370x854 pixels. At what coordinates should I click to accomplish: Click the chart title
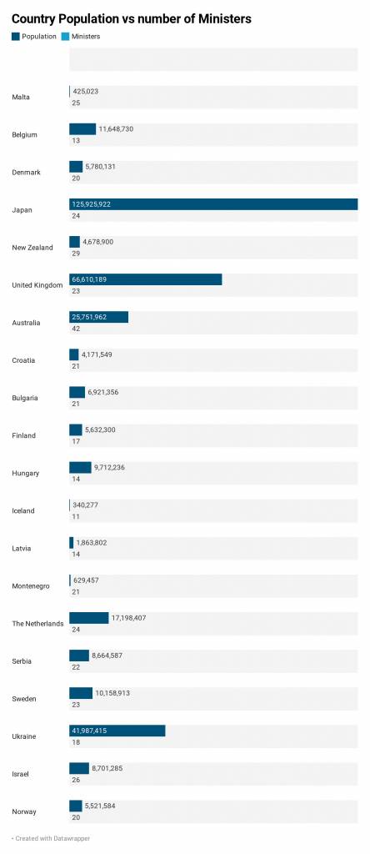click(132, 19)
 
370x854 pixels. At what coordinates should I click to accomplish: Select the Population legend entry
click(33, 37)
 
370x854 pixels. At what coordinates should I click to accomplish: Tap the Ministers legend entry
click(81, 37)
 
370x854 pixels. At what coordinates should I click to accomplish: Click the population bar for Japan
click(213, 204)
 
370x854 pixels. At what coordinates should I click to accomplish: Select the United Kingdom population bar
click(145, 279)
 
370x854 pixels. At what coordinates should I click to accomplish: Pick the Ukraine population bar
click(117, 731)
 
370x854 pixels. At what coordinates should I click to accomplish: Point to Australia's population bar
click(98, 317)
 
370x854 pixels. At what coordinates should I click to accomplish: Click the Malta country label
click(21, 97)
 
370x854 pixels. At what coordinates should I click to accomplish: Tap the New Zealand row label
click(32, 247)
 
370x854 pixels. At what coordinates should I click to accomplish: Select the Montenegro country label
click(31, 586)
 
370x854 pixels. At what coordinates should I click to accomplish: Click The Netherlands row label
click(37, 624)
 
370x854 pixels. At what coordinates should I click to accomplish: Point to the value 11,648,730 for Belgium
click(116, 129)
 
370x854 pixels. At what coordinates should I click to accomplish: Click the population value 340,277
click(86, 505)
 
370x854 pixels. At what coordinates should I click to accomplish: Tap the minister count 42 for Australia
click(76, 329)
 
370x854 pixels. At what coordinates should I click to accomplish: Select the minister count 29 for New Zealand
click(76, 254)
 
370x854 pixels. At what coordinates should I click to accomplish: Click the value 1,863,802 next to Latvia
click(92, 542)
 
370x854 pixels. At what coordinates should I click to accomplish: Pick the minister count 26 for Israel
click(76, 780)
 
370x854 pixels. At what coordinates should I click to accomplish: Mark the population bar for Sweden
click(81, 693)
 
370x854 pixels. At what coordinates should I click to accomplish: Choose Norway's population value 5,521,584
click(100, 806)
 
